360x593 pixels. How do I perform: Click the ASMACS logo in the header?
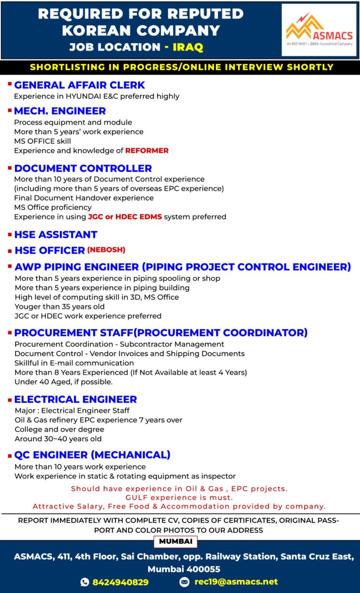pos(319,30)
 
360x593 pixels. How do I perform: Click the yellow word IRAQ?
pos(188,47)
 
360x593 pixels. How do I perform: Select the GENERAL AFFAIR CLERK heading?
pos(80,85)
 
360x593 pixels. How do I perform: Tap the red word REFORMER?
pos(147,150)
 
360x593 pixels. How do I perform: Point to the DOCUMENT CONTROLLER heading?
pos(83,168)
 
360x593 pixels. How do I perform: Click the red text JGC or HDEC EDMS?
pos(124,217)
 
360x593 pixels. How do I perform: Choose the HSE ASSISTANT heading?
pos(56,234)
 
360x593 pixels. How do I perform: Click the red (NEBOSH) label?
pos(106,250)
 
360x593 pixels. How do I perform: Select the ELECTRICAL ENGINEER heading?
pos(75,399)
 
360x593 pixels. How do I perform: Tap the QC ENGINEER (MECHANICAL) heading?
pos(92,455)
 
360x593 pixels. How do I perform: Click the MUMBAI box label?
pos(175,541)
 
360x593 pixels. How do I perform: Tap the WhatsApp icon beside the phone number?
pos(85,582)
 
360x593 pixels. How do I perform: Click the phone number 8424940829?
pos(120,582)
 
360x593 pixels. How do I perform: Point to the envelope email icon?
pos(185,582)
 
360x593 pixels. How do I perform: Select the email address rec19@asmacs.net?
pos(236,582)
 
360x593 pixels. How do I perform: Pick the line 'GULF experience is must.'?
pos(179,497)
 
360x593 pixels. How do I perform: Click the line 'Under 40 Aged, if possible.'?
pos(64,382)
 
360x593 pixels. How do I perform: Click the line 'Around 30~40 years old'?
pos(58,439)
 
